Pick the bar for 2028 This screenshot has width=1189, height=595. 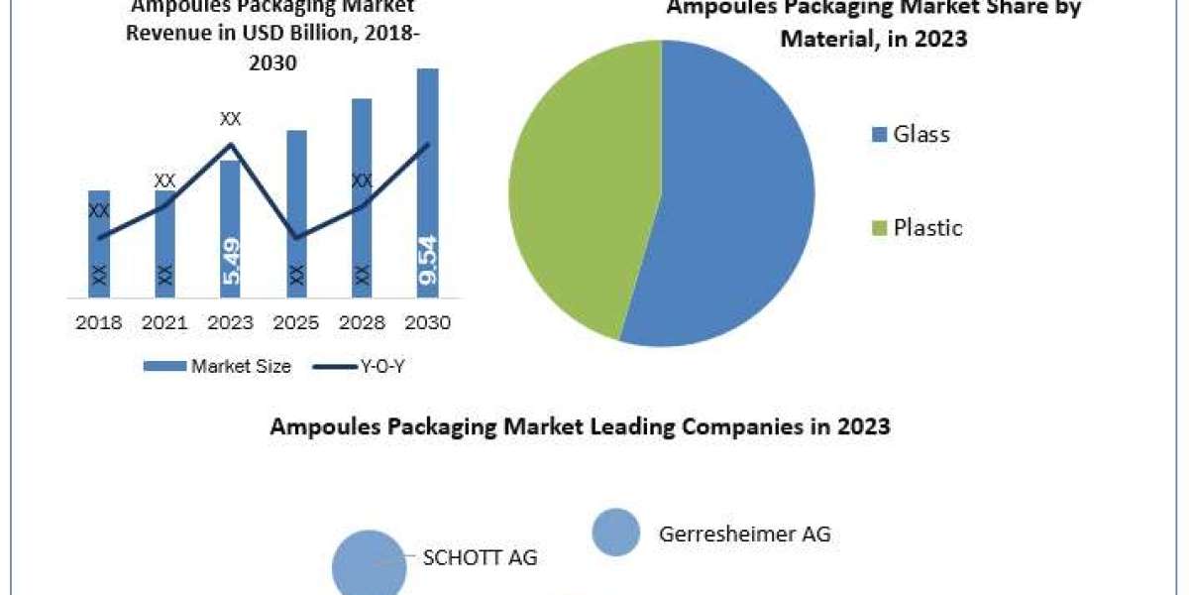click(362, 197)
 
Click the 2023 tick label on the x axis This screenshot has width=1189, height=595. click(231, 323)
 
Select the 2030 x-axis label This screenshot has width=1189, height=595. click(428, 323)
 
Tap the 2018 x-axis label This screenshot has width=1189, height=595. click(99, 323)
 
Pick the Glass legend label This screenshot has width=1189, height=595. click(920, 134)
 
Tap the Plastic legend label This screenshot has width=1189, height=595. click(927, 227)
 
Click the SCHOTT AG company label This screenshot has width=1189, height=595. click(480, 557)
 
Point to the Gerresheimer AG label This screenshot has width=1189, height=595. click(744, 534)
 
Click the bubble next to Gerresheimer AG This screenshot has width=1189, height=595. click(616, 533)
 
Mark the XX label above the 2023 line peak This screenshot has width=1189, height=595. click(230, 119)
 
